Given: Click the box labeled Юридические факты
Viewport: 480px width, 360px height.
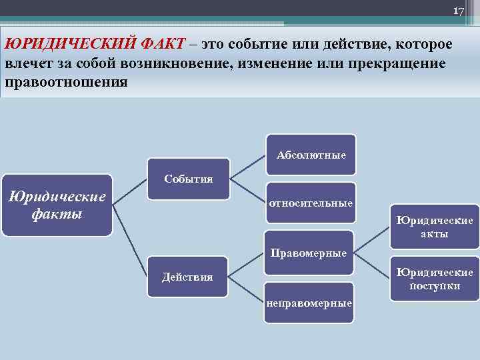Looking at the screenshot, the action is (x=57, y=205).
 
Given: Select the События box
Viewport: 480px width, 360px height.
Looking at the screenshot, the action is (x=189, y=179).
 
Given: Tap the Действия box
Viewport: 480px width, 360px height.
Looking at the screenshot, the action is (x=189, y=276).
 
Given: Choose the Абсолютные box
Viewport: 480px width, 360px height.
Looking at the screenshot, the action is (x=311, y=155).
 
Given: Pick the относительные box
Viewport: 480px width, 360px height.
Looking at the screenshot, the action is (x=311, y=203).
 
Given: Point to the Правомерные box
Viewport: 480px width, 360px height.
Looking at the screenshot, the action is (x=309, y=253).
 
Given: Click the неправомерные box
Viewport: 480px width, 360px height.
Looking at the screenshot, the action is (x=309, y=303).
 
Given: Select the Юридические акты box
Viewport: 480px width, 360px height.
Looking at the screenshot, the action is (x=435, y=227).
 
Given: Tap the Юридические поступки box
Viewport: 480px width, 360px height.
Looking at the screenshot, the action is (x=435, y=279).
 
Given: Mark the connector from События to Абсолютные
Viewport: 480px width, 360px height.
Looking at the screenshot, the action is (x=248, y=167).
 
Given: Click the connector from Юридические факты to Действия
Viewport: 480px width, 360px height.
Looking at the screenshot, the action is (x=130, y=240).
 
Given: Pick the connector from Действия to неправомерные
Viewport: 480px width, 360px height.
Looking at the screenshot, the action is (x=248, y=289).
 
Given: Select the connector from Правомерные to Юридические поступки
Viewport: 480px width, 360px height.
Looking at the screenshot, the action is (x=372, y=264).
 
